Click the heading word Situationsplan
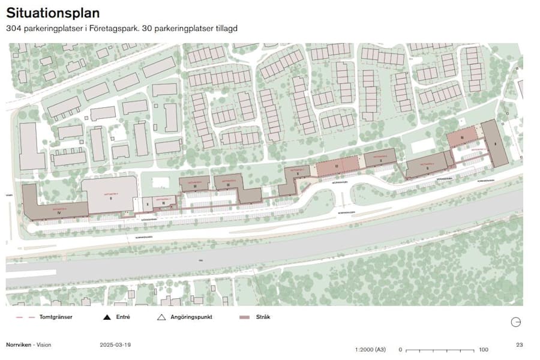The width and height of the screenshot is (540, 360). point(53,13)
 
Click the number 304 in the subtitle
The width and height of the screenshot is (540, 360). point(14,28)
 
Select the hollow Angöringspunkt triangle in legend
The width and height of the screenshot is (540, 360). point(161,317)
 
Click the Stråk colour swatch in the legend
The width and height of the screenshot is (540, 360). point(244,317)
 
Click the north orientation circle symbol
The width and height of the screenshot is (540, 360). point(515,322)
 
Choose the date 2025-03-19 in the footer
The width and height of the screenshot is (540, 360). point(115,345)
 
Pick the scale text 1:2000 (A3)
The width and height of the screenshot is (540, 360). point(371,349)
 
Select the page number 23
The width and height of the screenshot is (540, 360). point(519,345)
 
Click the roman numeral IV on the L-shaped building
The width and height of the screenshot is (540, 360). point(58,212)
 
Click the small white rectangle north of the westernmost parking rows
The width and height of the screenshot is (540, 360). point(160,182)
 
